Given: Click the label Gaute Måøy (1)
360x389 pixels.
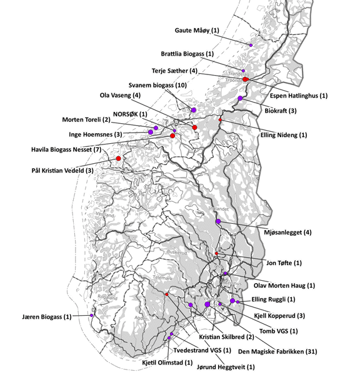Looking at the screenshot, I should click(197, 31).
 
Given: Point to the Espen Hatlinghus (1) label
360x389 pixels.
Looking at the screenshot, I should click(299, 96).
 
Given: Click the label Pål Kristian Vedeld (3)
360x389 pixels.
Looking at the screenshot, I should click(62, 170).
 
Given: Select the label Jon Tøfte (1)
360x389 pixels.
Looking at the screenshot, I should click(284, 263).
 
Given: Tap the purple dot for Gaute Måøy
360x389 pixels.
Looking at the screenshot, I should click(251, 45).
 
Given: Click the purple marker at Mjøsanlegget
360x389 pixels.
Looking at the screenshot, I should click(218, 221).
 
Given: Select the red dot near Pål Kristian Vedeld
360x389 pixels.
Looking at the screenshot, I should click(118, 158).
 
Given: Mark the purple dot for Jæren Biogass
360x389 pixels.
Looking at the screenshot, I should click(92, 315).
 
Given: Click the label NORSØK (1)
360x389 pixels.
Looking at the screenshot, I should click(130, 114).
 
